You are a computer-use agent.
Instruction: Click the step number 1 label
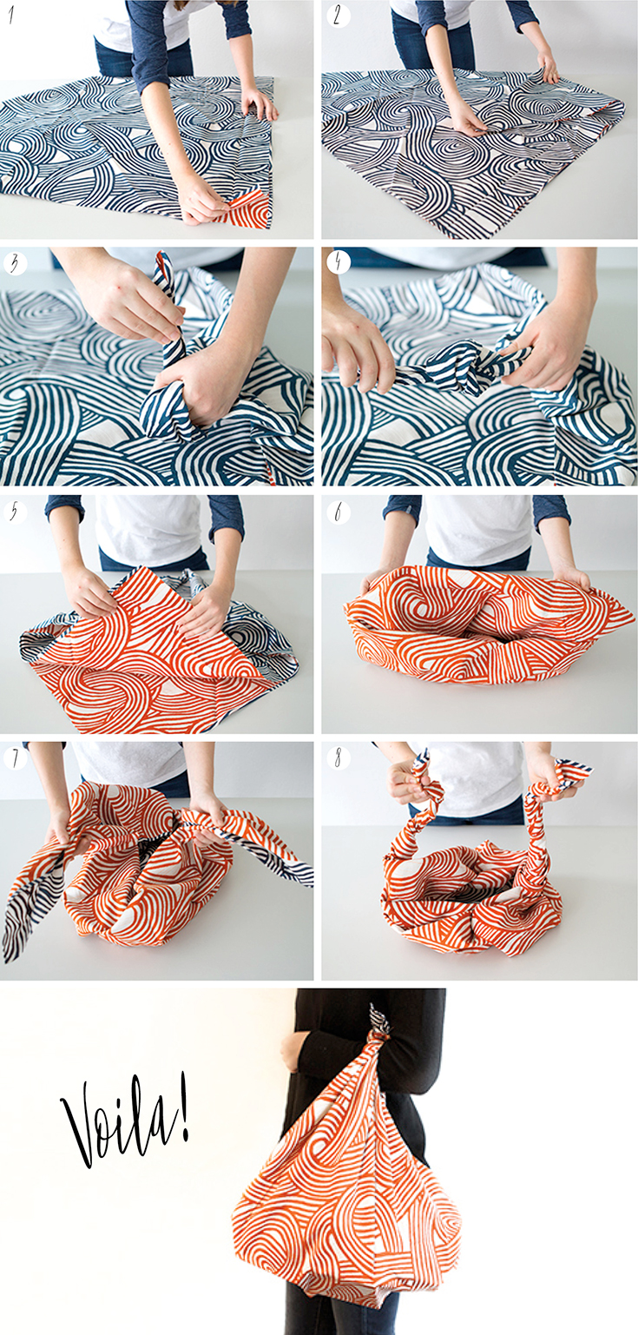click(x=10, y=16)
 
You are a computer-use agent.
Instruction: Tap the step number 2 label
click(x=337, y=16)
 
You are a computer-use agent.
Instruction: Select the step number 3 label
click(x=14, y=263)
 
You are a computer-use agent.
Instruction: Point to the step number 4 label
click(x=337, y=262)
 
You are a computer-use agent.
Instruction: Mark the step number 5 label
click(x=14, y=512)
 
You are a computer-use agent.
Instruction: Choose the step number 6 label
click(x=338, y=512)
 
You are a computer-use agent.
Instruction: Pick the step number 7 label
click(x=15, y=757)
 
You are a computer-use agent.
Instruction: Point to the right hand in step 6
click(x=572, y=579)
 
